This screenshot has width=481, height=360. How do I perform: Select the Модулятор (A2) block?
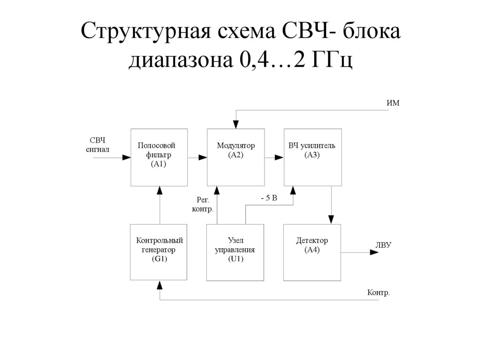[235, 157]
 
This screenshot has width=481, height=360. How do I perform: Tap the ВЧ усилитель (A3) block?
[312, 157]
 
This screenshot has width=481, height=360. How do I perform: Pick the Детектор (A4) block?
[312, 252]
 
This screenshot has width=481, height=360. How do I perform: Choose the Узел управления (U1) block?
[235, 252]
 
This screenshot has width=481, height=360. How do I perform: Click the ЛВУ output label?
[383, 245]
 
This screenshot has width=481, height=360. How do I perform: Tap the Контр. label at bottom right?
[378, 293]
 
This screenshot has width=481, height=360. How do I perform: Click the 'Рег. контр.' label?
[202, 205]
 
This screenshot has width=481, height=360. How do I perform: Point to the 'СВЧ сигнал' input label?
[97, 145]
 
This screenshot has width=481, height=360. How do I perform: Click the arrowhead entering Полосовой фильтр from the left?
[126, 158]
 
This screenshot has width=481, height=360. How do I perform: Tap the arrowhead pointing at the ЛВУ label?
[374, 253]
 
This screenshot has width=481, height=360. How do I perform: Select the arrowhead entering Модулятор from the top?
[236, 125]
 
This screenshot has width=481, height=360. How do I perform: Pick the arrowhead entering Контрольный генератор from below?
[160, 284]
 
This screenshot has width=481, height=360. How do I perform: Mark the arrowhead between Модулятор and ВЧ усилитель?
[279, 158]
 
